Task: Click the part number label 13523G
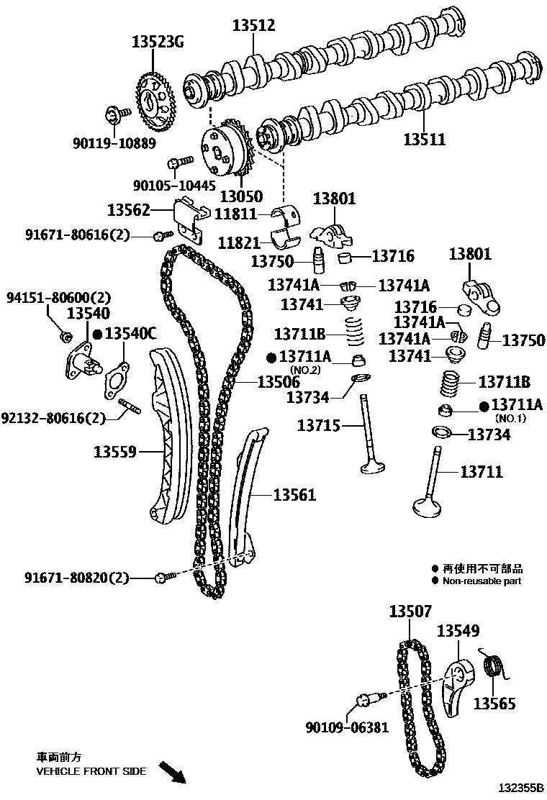157,42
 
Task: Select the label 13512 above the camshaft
253,26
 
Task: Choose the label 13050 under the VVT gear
241,196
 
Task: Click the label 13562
129,210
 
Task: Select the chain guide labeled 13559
166,439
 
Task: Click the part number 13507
410,612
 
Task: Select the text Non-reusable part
482,581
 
